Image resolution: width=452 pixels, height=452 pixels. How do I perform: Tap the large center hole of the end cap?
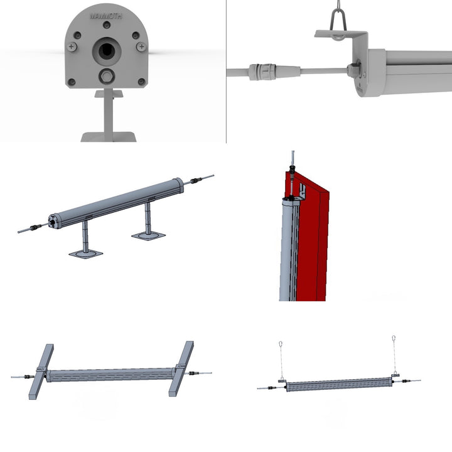pos(105,51)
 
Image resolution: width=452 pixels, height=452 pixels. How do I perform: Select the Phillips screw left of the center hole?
pos(72,46)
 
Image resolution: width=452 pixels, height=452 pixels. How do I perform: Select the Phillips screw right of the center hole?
pos(141,46)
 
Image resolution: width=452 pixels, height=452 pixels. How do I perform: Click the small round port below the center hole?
pos(107,77)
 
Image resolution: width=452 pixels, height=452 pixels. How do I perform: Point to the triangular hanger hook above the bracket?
pos(340,19)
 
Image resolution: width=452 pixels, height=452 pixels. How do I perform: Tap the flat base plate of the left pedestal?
pos(85,254)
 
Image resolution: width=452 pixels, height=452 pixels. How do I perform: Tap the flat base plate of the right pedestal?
pos(149,236)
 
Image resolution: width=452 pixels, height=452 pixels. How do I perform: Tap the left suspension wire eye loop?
pos(279,344)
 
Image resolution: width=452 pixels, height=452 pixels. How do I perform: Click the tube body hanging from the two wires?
pos(339,384)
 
